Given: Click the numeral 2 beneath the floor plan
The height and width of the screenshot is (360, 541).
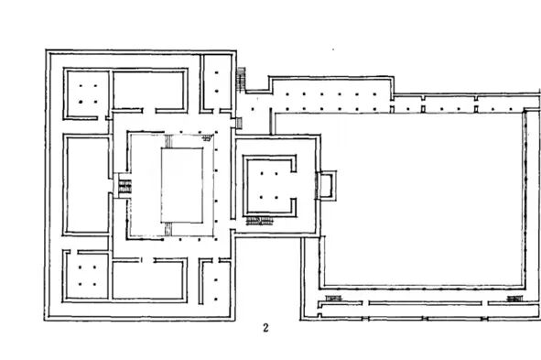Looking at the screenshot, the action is coord(265,328).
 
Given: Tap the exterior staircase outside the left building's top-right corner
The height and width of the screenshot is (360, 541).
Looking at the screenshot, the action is coord(241,79).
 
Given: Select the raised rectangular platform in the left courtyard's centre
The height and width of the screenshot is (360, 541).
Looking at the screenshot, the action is coord(182,185).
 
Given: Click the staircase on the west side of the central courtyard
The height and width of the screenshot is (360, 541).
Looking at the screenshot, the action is coord(124,187).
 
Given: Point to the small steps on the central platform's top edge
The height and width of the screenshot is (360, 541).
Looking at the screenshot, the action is coord(168,141).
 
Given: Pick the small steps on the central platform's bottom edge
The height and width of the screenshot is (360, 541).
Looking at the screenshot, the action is coord(168,229).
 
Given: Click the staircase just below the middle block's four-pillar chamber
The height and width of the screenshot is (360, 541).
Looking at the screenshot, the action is coord(260,221).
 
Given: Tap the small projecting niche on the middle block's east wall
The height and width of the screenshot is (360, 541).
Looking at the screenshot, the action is coord(327,185).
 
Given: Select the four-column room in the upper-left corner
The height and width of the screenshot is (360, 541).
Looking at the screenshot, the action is coord(87,94).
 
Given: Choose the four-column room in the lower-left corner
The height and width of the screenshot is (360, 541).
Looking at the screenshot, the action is coord(87,276).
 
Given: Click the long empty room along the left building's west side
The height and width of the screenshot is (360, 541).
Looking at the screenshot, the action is coord(88,185).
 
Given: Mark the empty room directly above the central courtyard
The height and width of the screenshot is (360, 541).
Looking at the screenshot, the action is coord(149,90).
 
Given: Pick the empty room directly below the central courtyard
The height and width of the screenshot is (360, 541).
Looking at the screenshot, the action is coord(149,278).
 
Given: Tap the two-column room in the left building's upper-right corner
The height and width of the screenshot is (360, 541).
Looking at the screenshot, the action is coord(217,82).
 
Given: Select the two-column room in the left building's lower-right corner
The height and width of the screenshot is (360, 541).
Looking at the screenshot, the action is coord(216,282).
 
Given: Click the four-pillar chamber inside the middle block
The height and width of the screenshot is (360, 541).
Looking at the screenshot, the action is coord(269,185).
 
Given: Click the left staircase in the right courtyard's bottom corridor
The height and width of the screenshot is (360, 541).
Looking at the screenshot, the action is coord(333,298).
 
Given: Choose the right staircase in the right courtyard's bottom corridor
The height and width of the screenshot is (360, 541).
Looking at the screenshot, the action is coord(514,299).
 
